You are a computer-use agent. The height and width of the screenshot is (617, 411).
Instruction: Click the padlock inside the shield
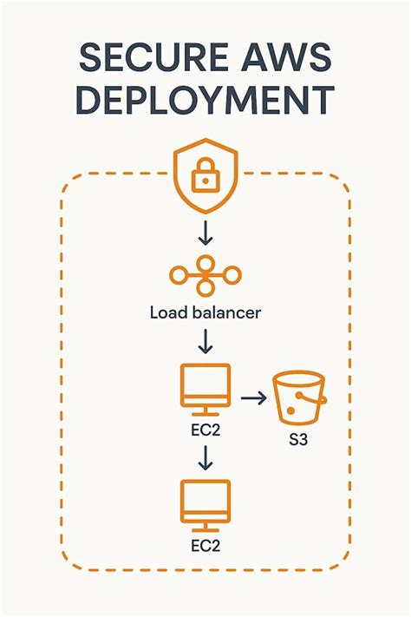coord(205,178)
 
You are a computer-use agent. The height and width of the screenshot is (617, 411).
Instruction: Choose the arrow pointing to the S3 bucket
coord(252,398)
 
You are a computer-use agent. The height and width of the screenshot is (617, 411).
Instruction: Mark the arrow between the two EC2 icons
coord(205,456)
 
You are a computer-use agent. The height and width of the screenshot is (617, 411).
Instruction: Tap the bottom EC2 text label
coord(205,547)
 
